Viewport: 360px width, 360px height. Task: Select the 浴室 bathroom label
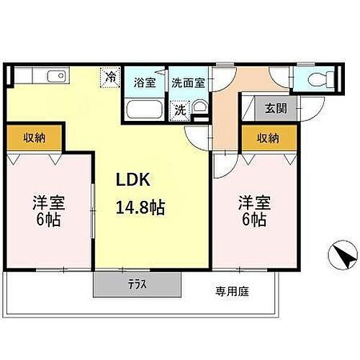pos(145,82)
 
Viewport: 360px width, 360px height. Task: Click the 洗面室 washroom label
pos(188,82)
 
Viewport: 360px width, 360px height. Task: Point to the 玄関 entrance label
pos(275,109)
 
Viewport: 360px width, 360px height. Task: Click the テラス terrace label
pos(136,284)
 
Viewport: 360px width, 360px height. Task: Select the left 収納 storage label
pos(35,137)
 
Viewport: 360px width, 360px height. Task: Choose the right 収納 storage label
pos(269,138)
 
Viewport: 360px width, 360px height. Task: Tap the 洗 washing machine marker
pos(178,111)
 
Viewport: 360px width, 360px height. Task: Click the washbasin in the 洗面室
pos(199,110)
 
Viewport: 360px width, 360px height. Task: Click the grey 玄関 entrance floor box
pos(275,109)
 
